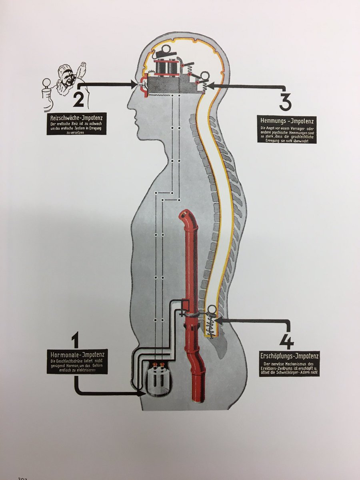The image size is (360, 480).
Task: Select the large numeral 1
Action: click(75, 342)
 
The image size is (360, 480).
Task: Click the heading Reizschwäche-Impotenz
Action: click(76, 118)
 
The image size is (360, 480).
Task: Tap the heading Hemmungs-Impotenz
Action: click(286, 120)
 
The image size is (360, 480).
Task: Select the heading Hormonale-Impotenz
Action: click(76, 354)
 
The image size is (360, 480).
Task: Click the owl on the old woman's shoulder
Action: click(83, 70)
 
